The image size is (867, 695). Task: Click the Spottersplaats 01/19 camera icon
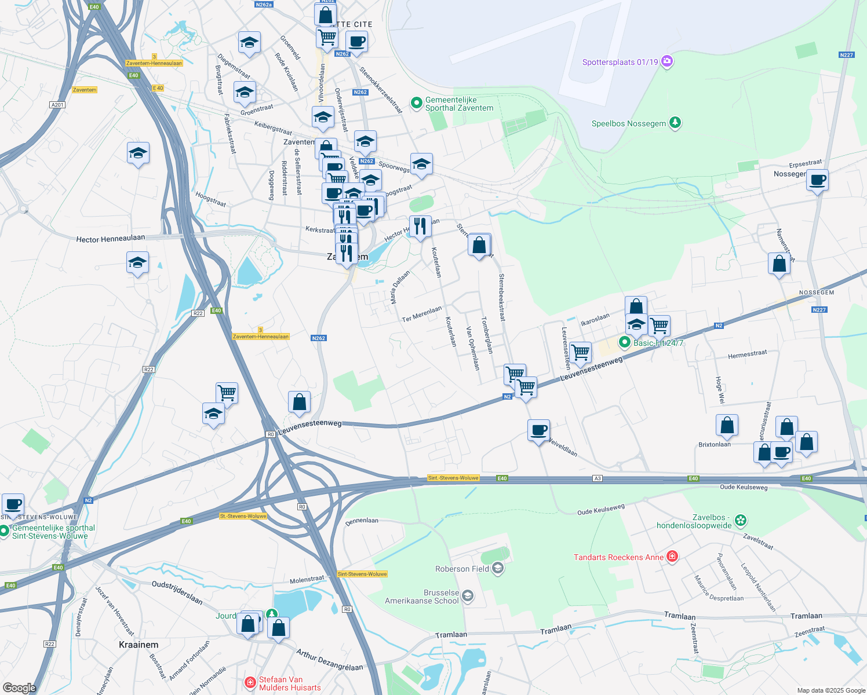[x=666, y=61]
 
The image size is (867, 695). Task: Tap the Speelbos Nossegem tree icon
[x=675, y=123]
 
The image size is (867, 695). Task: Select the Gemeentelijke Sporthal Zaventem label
[x=459, y=104]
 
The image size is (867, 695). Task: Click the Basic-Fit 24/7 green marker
[x=624, y=342]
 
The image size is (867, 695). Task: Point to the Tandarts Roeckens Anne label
[x=618, y=557]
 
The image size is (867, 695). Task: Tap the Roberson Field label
[x=462, y=569]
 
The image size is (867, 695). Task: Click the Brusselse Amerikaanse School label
[x=422, y=597]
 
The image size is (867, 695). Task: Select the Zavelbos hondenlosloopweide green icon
[x=741, y=520]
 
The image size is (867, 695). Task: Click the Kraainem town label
[x=139, y=645]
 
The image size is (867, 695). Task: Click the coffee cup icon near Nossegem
[x=817, y=180]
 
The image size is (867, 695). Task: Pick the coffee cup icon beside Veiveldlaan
[x=538, y=430]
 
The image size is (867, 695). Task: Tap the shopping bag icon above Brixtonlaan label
[x=727, y=426]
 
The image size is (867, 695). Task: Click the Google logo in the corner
[x=19, y=687]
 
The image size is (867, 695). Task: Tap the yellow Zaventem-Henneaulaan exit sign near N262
[x=261, y=336]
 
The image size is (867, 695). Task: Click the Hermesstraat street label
[x=747, y=354]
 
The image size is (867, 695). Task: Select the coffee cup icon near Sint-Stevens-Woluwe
[x=13, y=504]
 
